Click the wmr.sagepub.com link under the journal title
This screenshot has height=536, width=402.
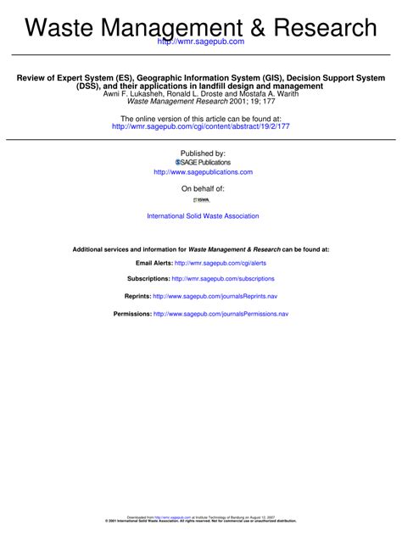tap(202, 42)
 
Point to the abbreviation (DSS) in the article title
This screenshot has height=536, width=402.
tap(90, 87)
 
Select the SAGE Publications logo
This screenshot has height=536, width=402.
tap(203, 162)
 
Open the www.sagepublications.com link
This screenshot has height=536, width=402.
tap(203, 172)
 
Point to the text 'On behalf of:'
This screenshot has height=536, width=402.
tap(203, 188)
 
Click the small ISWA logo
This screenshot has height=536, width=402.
tap(202, 200)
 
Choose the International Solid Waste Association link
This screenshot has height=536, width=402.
tap(203, 216)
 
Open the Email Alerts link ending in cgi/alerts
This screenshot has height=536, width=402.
tap(219, 264)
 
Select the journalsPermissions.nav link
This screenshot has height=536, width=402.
tap(221, 314)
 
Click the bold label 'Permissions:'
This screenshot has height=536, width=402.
tap(132, 314)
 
